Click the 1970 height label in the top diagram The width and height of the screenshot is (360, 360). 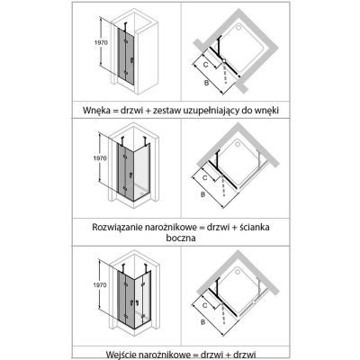pyautogui.click(x=101, y=42)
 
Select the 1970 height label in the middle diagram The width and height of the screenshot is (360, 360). pyautogui.click(x=100, y=158)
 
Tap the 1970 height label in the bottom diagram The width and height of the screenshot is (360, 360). pyautogui.click(x=100, y=284)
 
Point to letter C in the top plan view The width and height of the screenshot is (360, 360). pyautogui.click(x=206, y=64)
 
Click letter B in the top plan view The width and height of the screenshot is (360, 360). pyautogui.click(x=206, y=83)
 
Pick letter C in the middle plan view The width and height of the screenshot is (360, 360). pyautogui.click(x=205, y=177)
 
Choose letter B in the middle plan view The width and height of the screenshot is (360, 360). pyautogui.click(x=203, y=194)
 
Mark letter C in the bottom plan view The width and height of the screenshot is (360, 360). pyautogui.click(x=205, y=305)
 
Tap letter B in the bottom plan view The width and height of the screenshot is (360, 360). pyautogui.click(x=203, y=322)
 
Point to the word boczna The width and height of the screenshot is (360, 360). pyautogui.click(x=181, y=238)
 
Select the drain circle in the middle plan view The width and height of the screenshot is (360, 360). pyautogui.click(x=238, y=145)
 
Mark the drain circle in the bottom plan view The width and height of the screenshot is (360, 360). pyautogui.click(x=238, y=272)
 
